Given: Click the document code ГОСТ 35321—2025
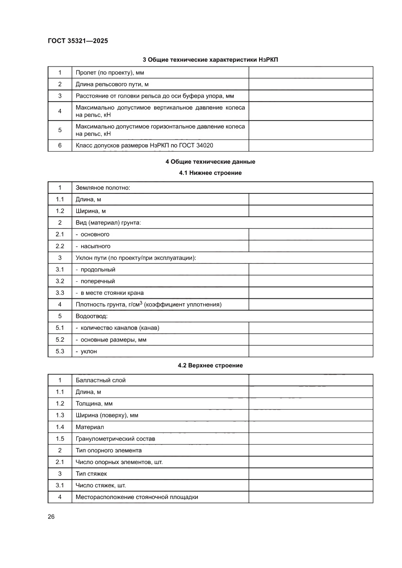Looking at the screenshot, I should point(78,41).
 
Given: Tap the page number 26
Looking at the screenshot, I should point(51,516).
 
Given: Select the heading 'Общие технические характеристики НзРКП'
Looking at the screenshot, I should point(210,60).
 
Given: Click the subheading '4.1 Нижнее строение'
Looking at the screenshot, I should point(210,172).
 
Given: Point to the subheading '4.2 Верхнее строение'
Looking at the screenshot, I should point(210,365).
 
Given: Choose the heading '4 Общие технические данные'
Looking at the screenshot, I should point(210,162).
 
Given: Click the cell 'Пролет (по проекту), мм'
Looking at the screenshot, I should point(110,73).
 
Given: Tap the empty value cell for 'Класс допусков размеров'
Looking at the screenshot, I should point(311,145).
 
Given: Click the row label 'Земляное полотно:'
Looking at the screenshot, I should point(103,188).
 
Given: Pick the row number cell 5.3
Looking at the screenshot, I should point(60,351).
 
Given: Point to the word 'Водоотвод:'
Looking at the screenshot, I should point(91,316).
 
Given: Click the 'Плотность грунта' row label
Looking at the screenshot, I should point(148,305).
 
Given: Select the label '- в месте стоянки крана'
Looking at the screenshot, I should point(109,293).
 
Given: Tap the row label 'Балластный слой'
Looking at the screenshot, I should point(101,380).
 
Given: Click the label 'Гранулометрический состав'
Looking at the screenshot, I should point(115,439).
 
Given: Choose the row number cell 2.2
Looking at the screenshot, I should point(60,246).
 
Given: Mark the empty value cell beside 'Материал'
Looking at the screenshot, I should point(311,427).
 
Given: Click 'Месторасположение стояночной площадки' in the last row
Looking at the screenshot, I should point(137,497).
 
